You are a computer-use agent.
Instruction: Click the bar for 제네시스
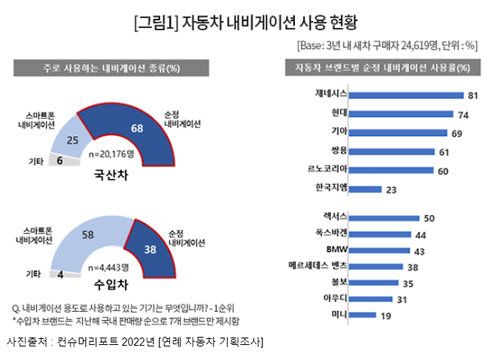coord(406,96)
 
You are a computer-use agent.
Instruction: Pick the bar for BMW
coord(383,250)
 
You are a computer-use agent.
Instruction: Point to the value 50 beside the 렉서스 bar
coord(430,217)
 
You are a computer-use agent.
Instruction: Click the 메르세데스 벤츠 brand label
coord(317,266)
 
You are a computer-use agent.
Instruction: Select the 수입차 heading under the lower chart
coord(108,285)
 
